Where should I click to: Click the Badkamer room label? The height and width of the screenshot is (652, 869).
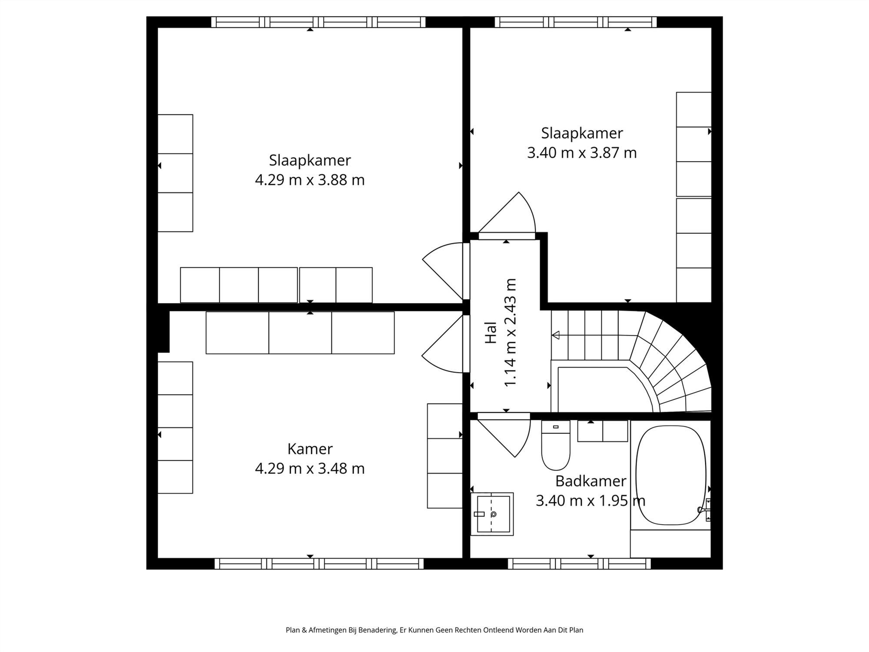coord(590,481)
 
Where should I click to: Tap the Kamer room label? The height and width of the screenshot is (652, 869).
coord(310,449)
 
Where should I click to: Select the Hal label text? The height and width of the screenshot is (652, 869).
coord(491,333)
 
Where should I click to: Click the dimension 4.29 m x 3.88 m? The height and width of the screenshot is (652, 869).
coord(310,180)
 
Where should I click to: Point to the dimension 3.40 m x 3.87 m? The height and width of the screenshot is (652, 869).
coord(582,153)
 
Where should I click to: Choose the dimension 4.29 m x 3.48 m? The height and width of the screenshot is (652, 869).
coord(310,469)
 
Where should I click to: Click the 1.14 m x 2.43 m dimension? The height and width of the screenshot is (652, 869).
coord(511,333)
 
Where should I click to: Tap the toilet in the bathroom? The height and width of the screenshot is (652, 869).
coord(556,445)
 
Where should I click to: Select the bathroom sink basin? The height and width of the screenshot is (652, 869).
coord(492,514)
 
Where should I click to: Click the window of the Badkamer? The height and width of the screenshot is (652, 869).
coord(580,564)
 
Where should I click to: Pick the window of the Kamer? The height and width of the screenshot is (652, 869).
coord(319,564)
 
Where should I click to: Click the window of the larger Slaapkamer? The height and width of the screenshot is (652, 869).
coord(318,22)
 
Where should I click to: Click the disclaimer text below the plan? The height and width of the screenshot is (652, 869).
coord(434,630)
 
